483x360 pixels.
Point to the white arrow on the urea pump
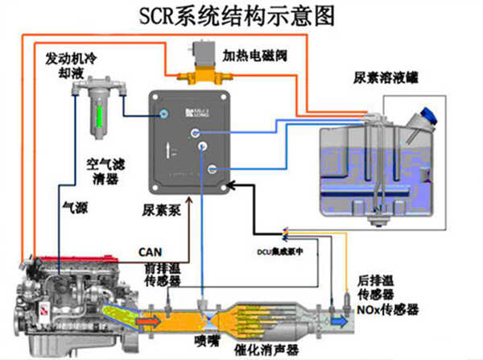tap(167, 151)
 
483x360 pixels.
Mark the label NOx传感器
tap(390, 308)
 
